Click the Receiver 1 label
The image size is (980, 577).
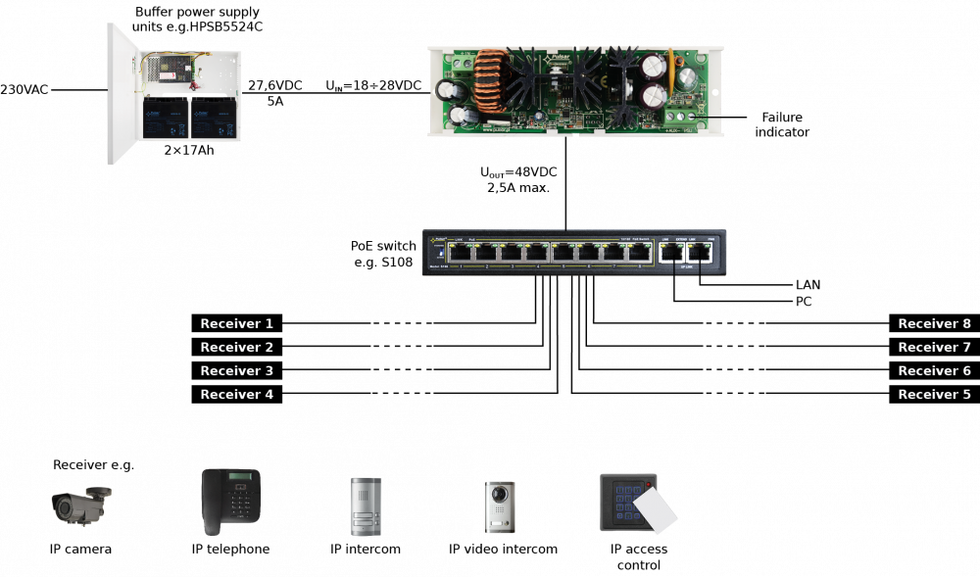coord(236,324)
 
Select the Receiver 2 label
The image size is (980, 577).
coord(236,348)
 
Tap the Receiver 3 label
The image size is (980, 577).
coord(236,371)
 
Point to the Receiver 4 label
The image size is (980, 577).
coord(236,395)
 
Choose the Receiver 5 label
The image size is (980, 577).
coord(934,395)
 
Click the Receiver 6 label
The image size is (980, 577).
coord(934,371)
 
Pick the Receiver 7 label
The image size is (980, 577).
coord(934,348)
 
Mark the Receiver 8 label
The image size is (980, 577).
coord(934,324)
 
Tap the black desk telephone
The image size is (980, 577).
coord(230,501)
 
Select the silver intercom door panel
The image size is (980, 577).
coord(366,505)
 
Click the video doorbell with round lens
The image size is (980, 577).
coord(499,506)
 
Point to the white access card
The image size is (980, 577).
coord(655,511)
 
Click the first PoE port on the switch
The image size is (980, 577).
coord(459,253)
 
